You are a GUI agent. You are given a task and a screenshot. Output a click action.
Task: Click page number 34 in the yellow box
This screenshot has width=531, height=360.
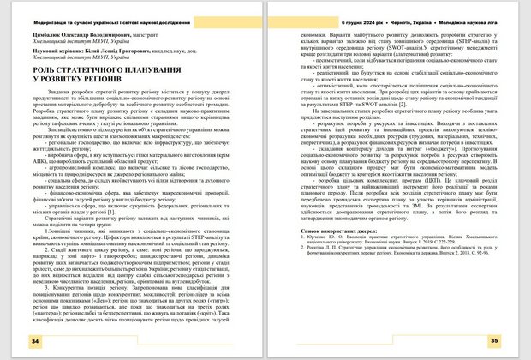(35, 341)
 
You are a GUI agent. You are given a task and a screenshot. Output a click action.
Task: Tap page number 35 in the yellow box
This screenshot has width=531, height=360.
(494, 341)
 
